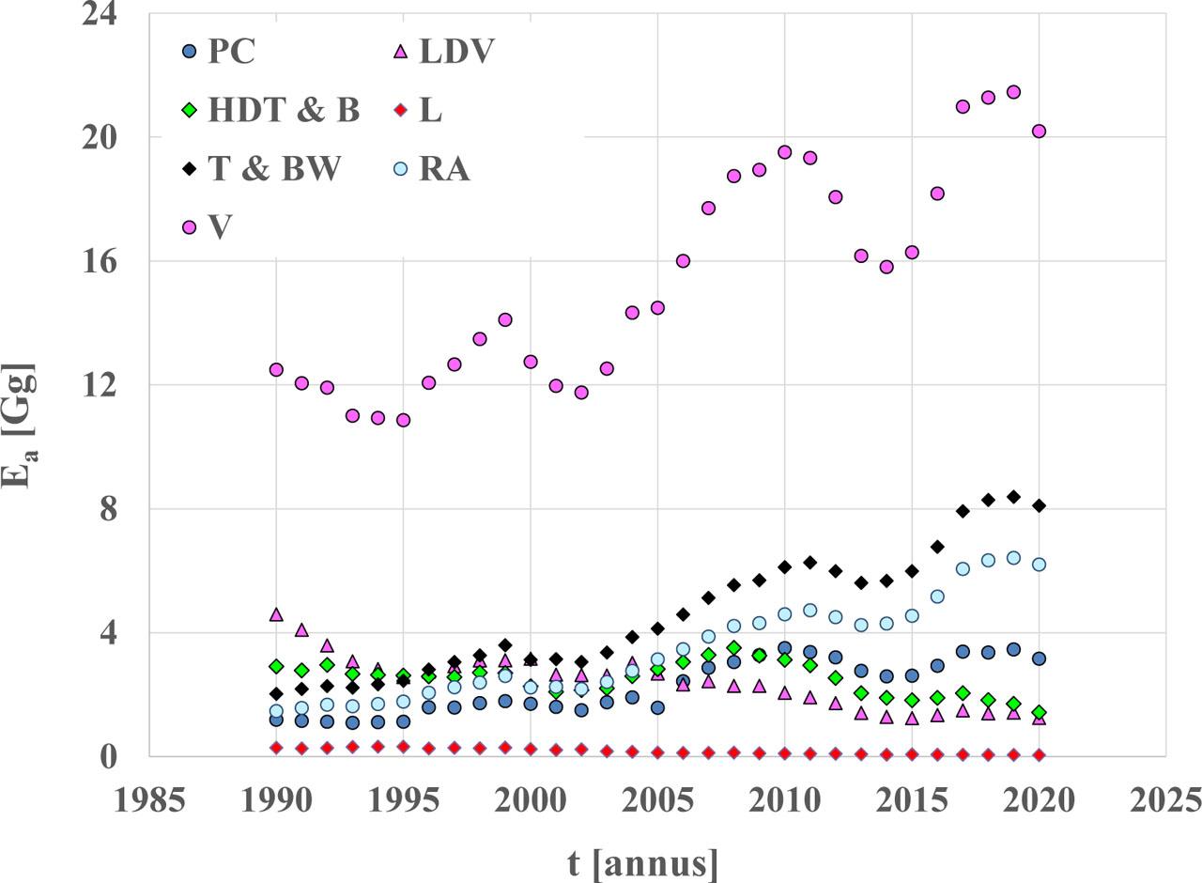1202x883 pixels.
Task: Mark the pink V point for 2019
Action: coord(1013,92)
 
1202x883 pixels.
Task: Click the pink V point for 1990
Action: coord(276,370)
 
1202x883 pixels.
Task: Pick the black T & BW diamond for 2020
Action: coord(1039,505)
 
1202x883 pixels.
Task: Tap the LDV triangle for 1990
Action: coord(276,614)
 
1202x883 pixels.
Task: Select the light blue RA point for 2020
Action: coord(1039,565)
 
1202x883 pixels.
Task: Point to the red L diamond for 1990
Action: coord(276,748)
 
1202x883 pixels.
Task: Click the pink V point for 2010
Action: coord(784,152)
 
